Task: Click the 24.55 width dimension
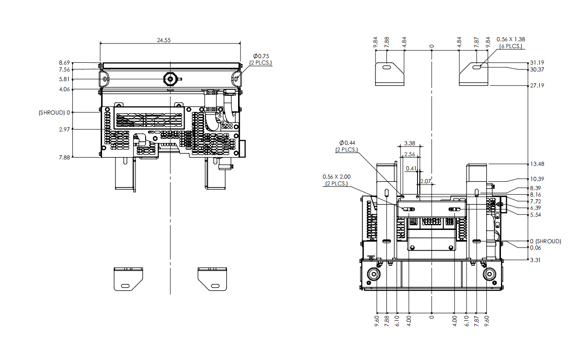point(163,40)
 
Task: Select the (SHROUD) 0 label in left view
point(54,113)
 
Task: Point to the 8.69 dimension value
point(64,63)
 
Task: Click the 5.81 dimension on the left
point(64,79)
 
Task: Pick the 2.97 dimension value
point(64,129)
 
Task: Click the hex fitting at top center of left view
point(170,79)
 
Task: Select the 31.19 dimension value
point(537,63)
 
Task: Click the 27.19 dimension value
point(537,86)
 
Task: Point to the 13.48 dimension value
point(537,164)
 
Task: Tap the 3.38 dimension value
point(410,143)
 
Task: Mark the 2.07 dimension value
point(425,181)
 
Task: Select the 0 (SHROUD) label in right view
point(545,241)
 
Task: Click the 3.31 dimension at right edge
point(535,260)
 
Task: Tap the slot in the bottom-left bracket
point(125,286)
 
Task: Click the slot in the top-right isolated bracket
point(477,67)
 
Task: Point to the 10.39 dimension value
point(537,179)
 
